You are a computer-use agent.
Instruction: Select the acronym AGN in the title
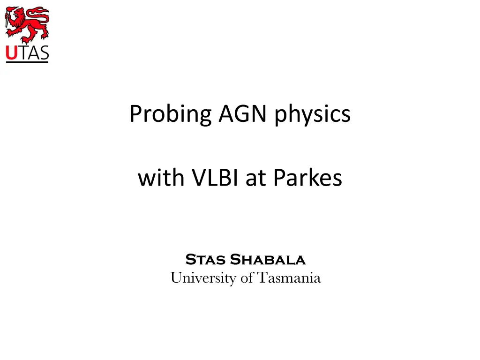[242, 113]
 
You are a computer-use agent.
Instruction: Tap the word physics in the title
[312, 114]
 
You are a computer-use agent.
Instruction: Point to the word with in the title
[161, 177]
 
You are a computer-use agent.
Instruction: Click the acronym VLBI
[215, 177]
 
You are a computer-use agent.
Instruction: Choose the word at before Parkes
[255, 179]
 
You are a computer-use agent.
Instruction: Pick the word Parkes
[307, 177]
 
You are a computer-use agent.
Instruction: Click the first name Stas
[205, 260]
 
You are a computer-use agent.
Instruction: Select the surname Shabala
[268, 260]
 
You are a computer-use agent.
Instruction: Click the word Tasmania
[289, 277]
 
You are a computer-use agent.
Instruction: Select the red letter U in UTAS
[12, 52]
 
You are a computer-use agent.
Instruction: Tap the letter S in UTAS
[44, 52]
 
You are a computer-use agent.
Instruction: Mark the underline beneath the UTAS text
[27, 62]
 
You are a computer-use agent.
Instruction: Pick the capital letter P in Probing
[136, 113]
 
